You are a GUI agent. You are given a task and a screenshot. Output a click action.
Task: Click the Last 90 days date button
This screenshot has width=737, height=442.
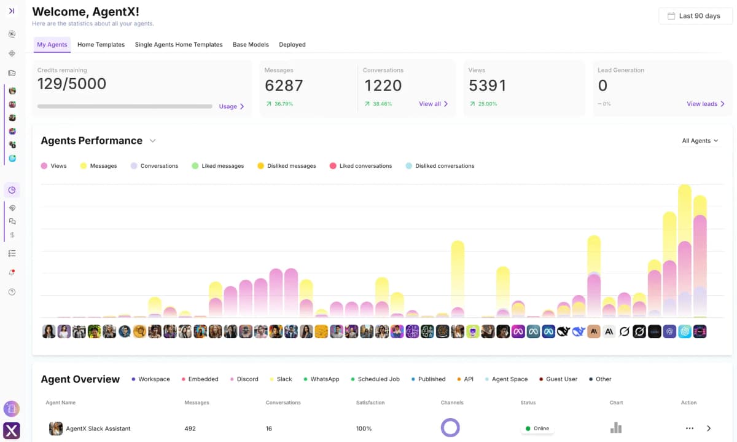[x=695, y=16]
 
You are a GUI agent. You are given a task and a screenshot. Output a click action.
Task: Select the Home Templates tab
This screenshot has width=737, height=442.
[x=101, y=45]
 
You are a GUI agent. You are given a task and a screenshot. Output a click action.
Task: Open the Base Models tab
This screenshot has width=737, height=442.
[x=251, y=45]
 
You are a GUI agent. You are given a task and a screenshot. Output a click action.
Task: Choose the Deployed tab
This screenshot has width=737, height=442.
[x=292, y=45]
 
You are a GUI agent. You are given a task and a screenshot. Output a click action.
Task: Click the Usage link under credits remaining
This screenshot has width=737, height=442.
[x=232, y=106]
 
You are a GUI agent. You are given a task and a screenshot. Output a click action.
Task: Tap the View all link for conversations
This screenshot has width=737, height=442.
[x=433, y=104]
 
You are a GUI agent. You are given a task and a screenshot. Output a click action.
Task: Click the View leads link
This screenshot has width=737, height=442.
[x=705, y=104]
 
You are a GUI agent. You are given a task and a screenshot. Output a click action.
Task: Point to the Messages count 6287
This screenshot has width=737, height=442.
[x=284, y=85]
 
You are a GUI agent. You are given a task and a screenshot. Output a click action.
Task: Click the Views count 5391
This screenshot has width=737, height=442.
[x=487, y=85]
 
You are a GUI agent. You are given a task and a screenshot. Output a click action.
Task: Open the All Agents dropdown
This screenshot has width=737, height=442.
[x=700, y=141]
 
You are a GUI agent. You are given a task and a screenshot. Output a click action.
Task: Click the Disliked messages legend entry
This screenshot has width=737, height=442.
[x=287, y=166]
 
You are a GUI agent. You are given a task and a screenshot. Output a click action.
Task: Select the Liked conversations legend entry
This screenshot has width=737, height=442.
[x=361, y=166]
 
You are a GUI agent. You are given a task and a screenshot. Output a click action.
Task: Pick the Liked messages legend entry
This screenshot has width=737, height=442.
[x=217, y=166]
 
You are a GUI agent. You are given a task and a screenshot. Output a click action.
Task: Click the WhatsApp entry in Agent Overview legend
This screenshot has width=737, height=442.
[x=324, y=379]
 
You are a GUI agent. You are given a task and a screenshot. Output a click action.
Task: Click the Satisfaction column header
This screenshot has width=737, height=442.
[x=370, y=403]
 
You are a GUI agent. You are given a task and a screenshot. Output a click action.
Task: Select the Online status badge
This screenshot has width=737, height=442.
[x=537, y=428]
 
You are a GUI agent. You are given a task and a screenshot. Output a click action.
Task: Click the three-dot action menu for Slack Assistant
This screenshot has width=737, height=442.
[x=689, y=428]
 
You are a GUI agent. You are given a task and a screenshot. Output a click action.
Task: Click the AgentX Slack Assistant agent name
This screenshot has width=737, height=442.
[x=98, y=428]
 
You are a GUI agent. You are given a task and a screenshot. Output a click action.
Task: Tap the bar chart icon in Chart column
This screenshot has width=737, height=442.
[x=616, y=428]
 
